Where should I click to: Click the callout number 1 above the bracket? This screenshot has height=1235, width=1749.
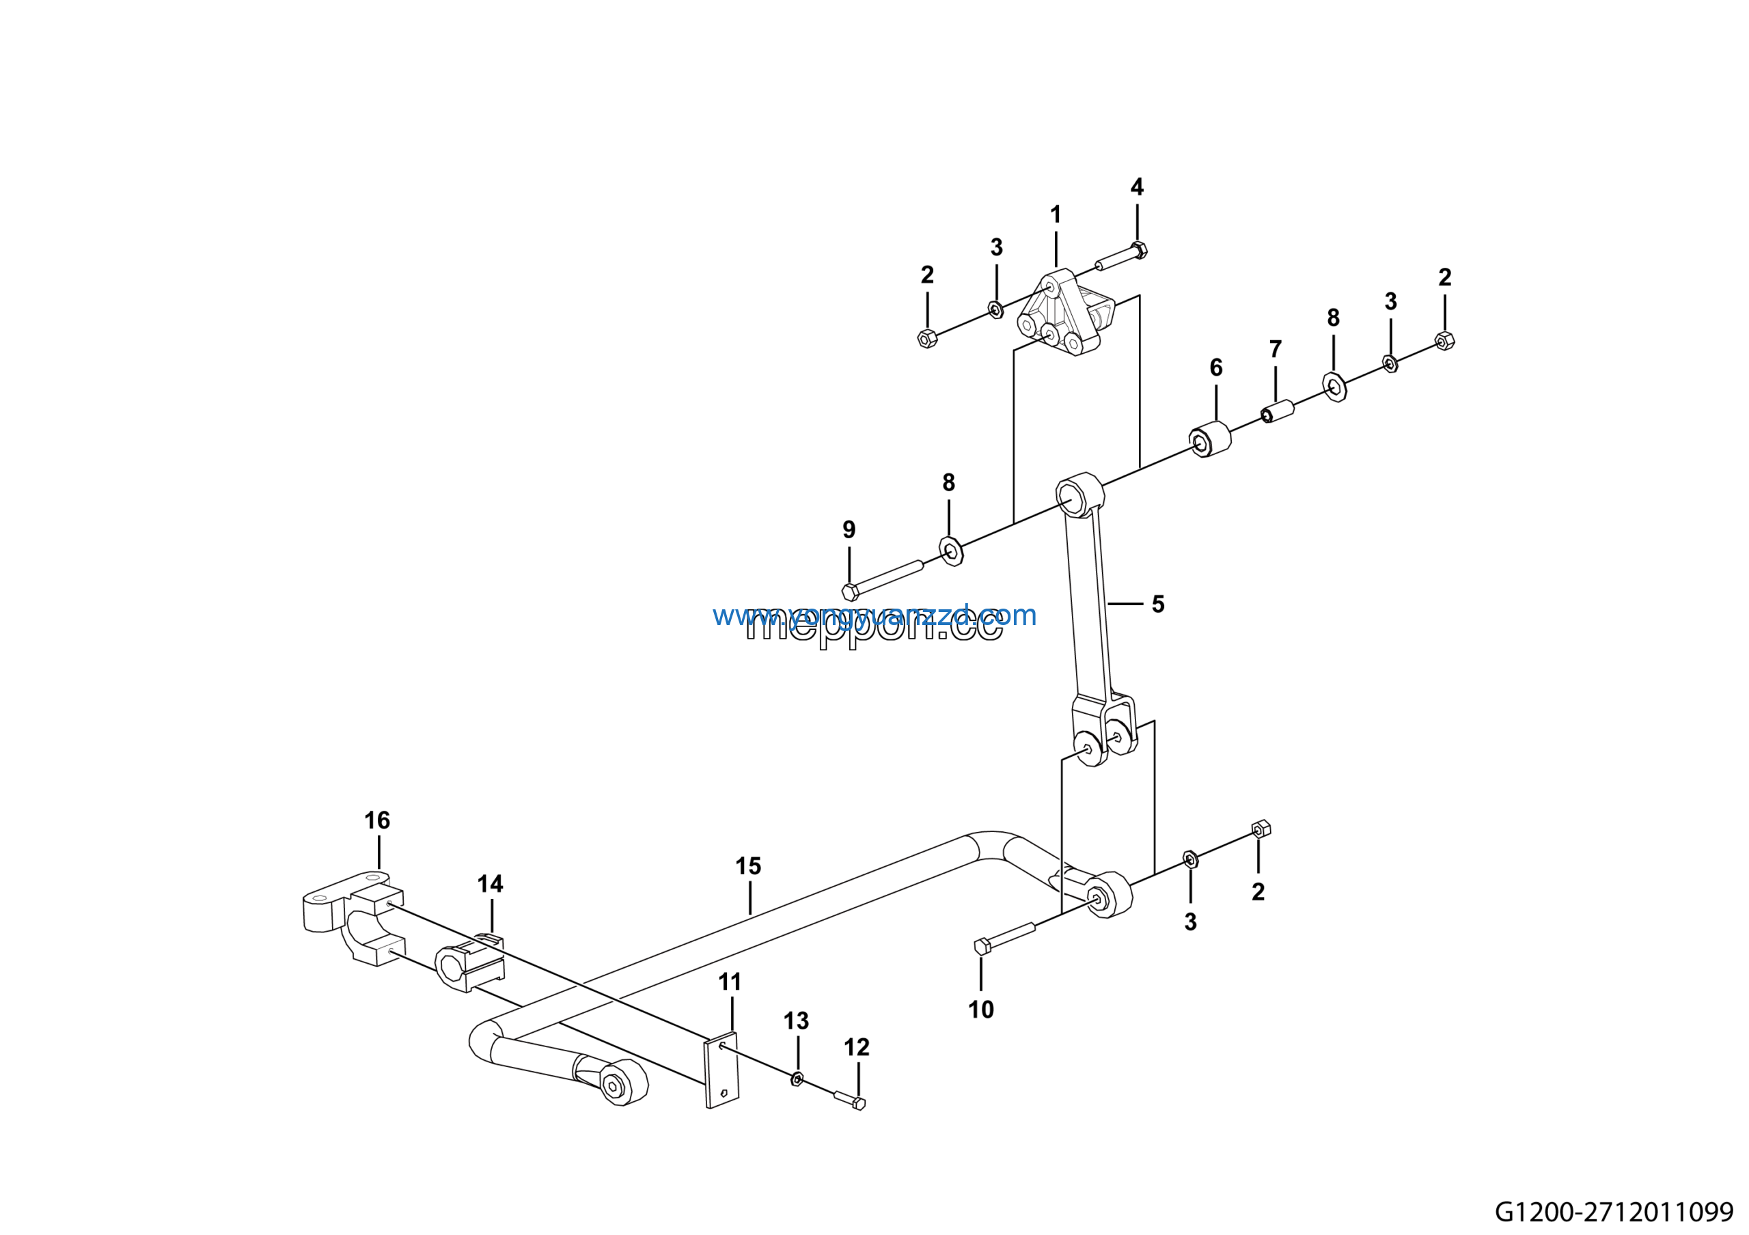tap(1055, 215)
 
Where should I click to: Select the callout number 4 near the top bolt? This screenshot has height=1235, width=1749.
tap(1137, 187)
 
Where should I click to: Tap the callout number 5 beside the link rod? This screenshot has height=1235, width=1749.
tap(1158, 605)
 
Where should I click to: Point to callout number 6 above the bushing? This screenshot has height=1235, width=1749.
tap(1216, 367)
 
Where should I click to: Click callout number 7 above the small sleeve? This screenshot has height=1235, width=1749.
tap(1275, 350)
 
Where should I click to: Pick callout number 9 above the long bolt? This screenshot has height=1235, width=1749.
tap(849, 530)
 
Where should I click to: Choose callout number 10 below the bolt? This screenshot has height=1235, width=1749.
tap(980, 1010)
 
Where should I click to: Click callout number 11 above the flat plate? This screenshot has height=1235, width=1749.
tap(730, 982)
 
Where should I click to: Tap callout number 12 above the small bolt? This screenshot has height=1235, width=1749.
tap(856, 1048)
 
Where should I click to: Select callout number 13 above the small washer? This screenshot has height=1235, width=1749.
tap(796, 1021)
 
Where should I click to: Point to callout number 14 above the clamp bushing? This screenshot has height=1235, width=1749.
tap(490, 884)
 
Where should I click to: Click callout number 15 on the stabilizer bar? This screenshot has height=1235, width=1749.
tap(748, 865)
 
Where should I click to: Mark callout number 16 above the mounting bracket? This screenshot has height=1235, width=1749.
tap(377, 820)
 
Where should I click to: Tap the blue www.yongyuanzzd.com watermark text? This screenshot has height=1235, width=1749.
tap(874, 615)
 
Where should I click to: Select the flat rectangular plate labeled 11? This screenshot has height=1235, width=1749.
tap(721, 1070)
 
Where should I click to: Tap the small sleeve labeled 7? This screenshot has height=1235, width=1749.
tap(1278, 411)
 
